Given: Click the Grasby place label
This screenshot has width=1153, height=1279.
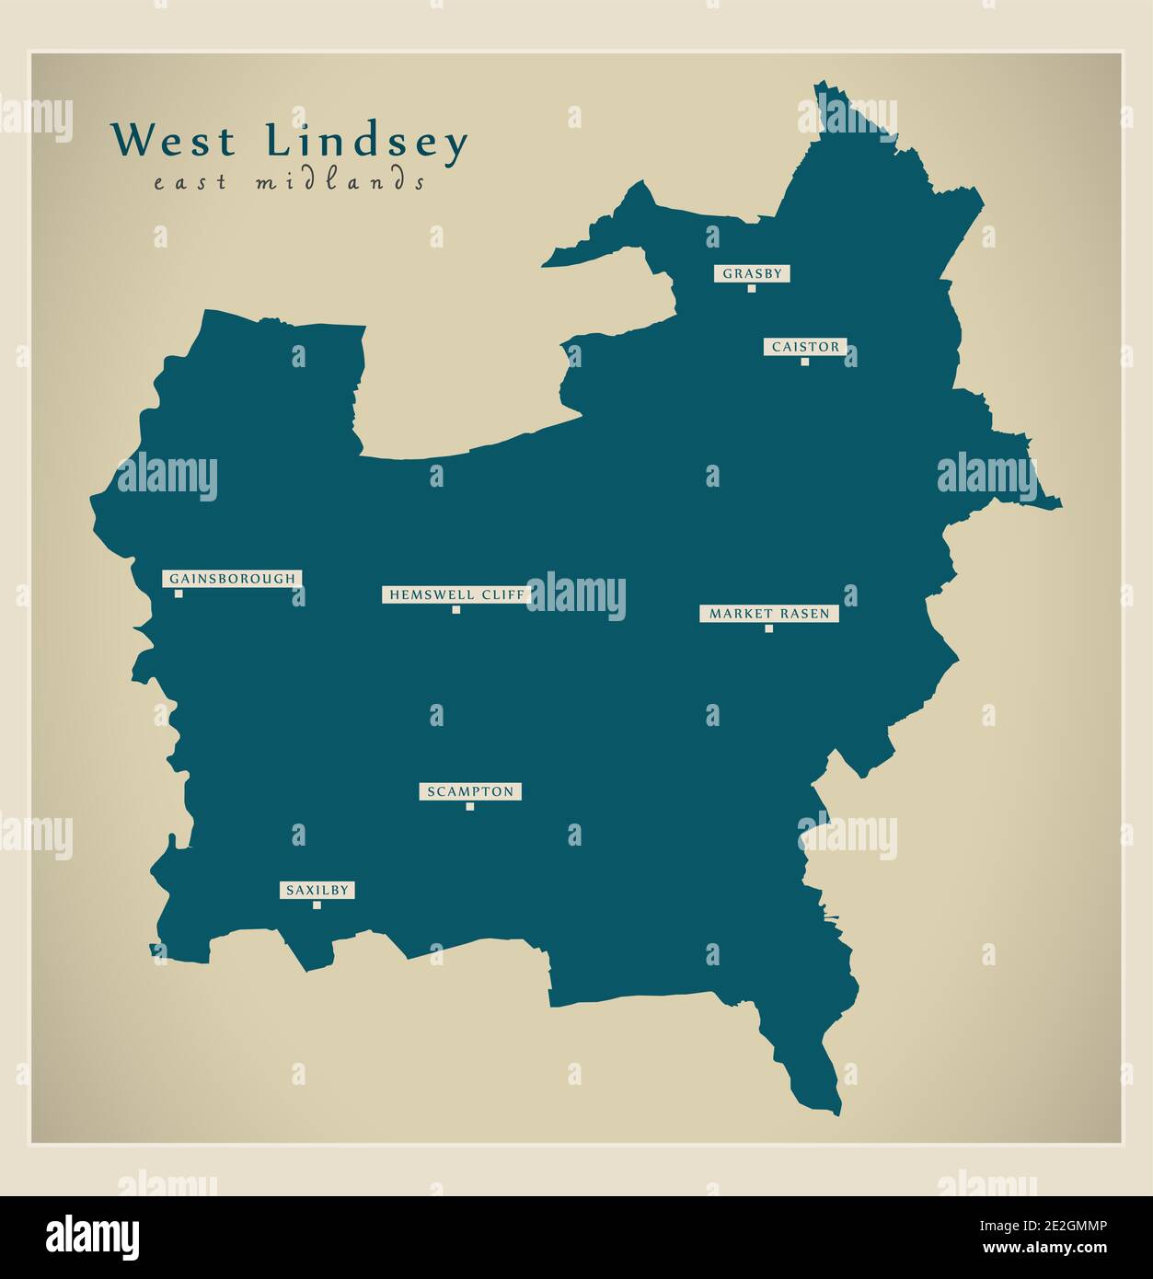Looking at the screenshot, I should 752,273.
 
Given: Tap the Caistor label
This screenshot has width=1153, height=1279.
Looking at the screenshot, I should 805,347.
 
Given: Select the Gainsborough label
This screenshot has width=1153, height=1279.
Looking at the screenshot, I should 233,579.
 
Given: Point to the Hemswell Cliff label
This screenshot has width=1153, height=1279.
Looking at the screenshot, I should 456,594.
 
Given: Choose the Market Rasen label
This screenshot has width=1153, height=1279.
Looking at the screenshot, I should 768,614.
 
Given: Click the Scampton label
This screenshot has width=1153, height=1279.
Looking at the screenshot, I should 470,791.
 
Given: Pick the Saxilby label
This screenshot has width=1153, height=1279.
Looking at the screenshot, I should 317,890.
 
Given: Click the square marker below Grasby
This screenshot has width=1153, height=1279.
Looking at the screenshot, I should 752,288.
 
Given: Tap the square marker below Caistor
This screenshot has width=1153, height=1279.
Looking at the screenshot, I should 805,362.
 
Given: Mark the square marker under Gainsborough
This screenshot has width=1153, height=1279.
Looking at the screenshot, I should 179,593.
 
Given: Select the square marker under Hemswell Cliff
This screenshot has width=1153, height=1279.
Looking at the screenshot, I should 456,609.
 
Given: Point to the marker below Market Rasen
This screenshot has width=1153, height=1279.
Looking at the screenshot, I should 769,628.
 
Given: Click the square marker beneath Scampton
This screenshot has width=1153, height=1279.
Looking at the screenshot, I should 470,806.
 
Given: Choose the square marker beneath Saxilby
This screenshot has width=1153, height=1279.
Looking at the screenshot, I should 317,905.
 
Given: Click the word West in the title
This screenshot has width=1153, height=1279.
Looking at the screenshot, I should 174,142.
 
